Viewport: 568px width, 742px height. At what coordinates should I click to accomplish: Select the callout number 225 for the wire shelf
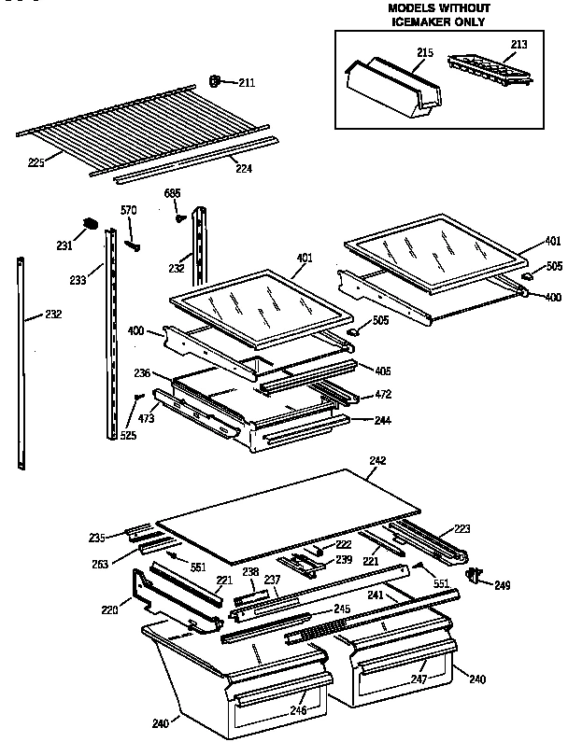pos(35,163)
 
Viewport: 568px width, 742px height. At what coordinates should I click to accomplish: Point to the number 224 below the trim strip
pos(243,170)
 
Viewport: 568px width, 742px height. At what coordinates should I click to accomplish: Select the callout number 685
pos(172,193)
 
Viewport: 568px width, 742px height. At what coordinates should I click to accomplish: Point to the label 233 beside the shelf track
pos(78,277)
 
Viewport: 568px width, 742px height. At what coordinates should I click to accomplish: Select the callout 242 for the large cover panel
pos(377,460)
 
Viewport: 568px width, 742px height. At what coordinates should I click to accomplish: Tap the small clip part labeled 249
pos(477,576)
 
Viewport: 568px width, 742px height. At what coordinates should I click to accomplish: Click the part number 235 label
pos(96,537)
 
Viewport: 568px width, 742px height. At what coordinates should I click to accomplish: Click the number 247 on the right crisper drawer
pos(418,680)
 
